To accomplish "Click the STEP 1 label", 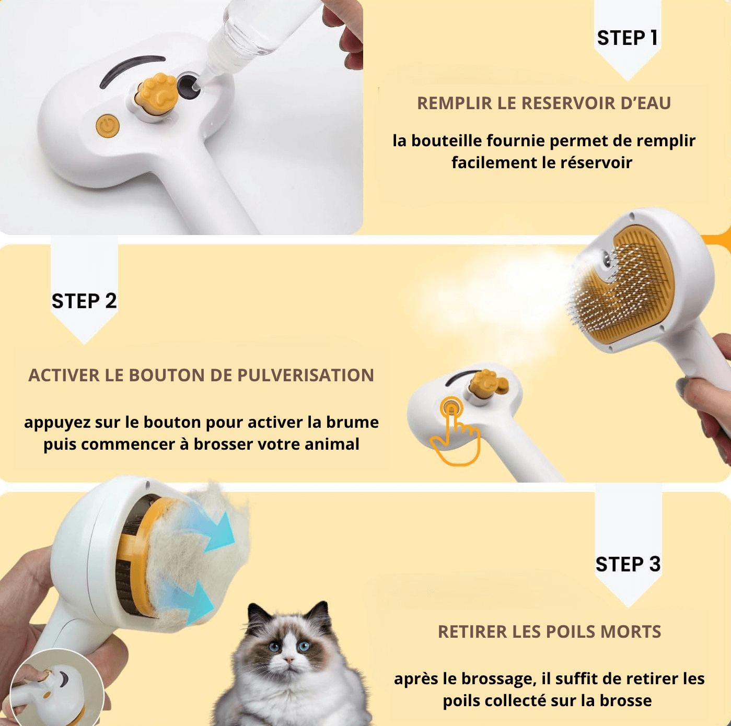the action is pos(627,38).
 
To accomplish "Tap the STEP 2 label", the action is pos(84,301).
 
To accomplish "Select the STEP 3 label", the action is pos(628,564).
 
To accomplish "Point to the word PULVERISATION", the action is pos(305,376).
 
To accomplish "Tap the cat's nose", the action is pos(289,660).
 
